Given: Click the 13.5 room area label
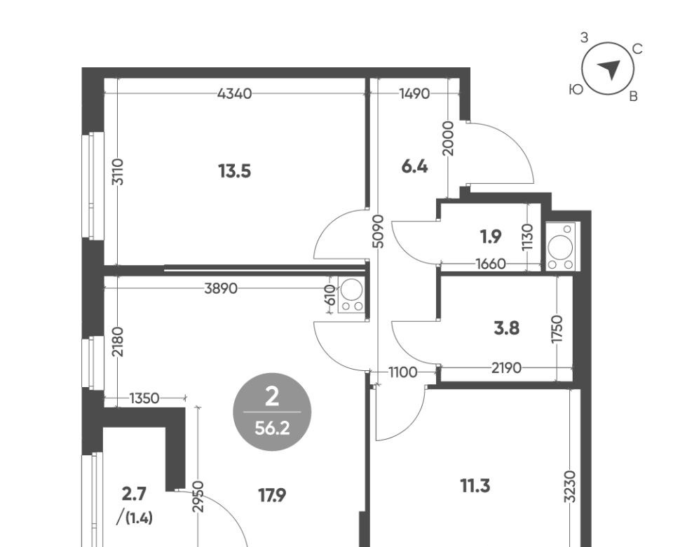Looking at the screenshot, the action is point(234,171).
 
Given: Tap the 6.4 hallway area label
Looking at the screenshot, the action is point(414,167).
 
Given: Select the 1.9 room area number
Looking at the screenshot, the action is point(491,236).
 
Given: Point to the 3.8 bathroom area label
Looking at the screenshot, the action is point(506,329).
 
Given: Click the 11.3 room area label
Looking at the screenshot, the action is point(475,487).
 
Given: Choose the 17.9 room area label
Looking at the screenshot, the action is point(272,496).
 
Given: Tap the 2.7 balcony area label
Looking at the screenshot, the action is point(134,494).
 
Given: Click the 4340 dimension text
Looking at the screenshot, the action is point(234,93).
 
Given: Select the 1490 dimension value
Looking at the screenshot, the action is point(414,93).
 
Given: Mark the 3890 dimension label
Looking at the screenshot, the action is point(221,288).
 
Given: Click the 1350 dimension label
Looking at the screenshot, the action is point(144,398).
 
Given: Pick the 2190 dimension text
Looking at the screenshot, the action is point(506,368).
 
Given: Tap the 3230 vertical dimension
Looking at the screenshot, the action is point(569,486).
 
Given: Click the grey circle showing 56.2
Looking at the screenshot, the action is point(272,412).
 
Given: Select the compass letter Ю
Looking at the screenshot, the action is point(576,89).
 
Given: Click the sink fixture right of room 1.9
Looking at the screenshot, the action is point(561,246).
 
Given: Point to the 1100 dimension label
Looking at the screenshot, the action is point(402,372).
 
